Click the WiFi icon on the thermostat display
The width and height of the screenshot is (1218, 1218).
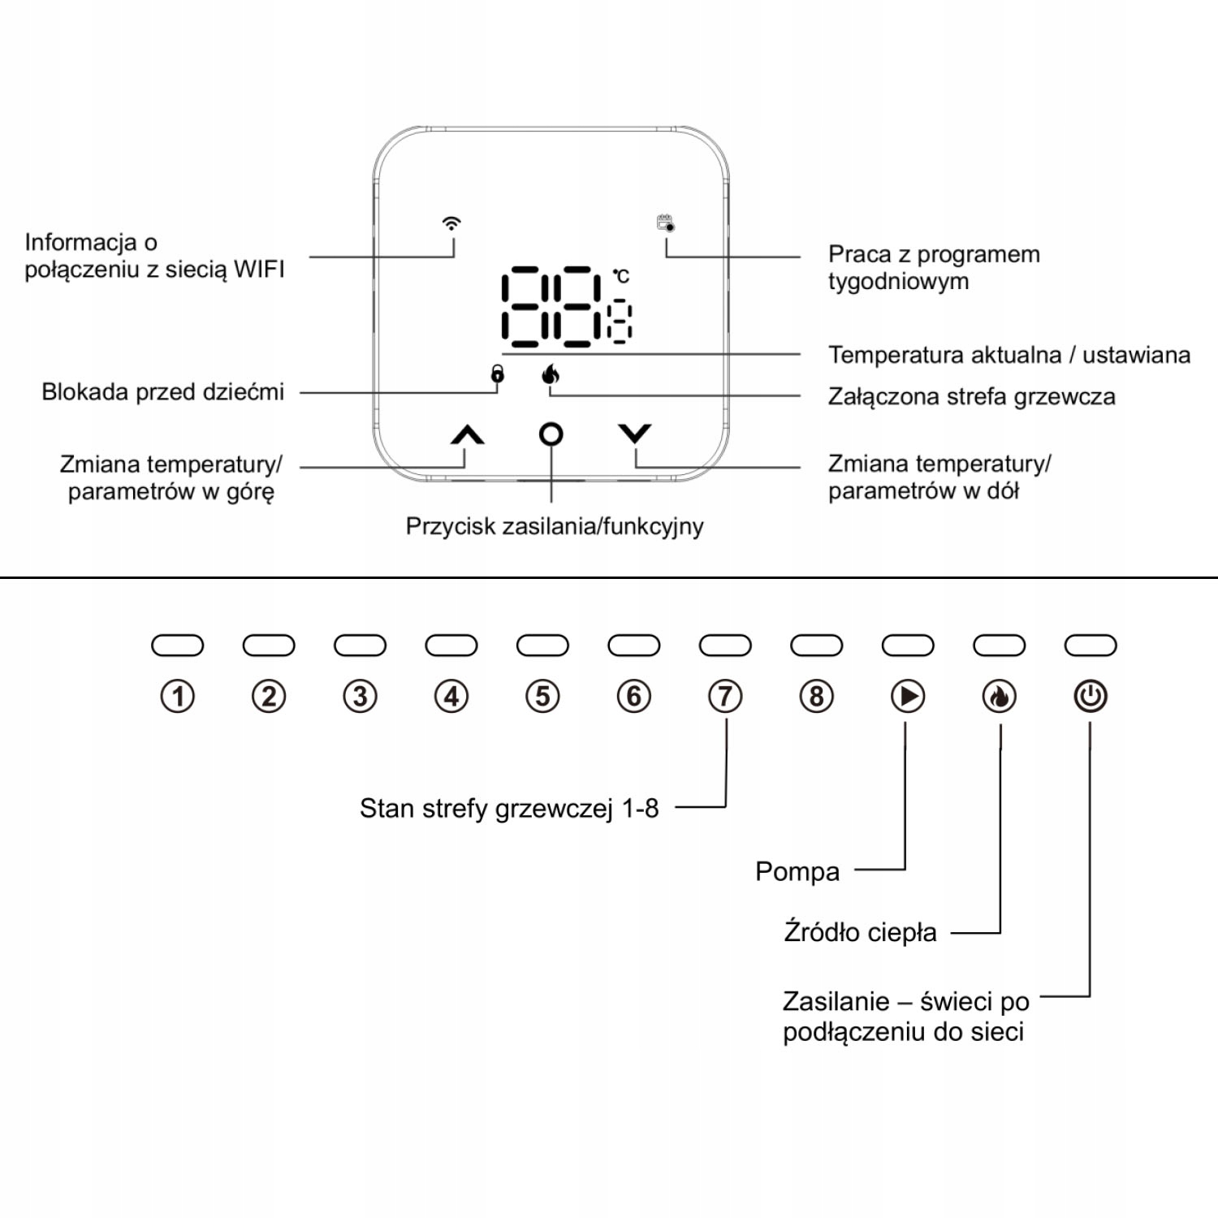451,223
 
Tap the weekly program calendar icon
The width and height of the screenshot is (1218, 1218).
666,222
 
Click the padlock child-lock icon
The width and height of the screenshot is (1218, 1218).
497,374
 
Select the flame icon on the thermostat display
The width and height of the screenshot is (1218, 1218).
551,374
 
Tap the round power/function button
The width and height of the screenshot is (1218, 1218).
551,434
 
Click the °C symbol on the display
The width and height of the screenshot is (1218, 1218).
621,277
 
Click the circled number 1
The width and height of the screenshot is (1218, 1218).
178,697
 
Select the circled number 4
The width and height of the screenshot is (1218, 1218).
451,697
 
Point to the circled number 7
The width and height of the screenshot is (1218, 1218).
725,697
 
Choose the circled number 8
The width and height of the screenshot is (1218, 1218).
817,697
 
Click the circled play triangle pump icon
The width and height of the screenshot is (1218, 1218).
908,697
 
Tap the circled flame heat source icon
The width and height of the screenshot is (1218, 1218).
1000,697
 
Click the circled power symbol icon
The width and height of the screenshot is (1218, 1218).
1091,697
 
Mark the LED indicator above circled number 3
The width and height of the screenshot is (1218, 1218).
360,646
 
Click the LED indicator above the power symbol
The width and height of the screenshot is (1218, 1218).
1091,646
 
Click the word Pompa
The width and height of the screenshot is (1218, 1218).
797,872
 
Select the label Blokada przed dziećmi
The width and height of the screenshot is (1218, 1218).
163,392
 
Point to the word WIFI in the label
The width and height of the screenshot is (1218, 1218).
259,269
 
